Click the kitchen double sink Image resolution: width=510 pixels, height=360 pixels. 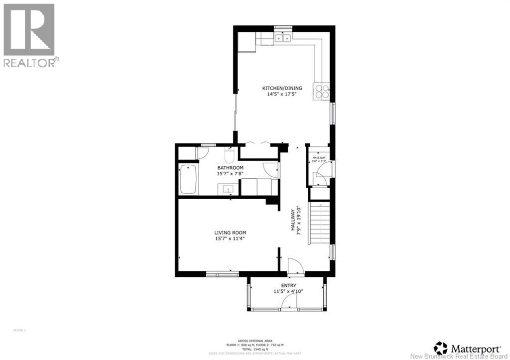283,38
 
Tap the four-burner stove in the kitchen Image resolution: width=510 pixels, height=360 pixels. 321,91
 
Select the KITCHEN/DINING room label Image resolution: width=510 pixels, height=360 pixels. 282,88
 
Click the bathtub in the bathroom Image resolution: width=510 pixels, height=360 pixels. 189,179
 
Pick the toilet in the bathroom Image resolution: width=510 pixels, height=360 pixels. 230,156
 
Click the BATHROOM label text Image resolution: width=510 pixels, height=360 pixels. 230,168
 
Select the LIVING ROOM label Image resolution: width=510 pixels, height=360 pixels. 230,233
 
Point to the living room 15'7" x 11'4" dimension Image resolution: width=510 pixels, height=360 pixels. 230,239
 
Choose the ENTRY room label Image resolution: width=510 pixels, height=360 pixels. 288,285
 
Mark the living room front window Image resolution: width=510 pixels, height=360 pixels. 222,273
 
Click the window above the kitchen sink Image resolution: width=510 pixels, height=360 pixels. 283,27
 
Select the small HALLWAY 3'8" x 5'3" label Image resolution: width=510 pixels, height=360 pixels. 319,159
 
